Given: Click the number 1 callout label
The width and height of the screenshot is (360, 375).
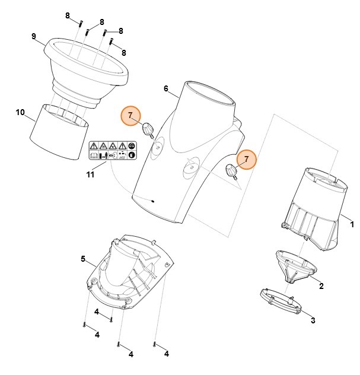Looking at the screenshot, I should (352, 225).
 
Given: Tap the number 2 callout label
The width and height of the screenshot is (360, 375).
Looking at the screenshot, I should (321, 286).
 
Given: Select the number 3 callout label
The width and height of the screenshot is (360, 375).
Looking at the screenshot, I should (313, 321).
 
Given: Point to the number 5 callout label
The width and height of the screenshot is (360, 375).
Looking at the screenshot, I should (84, 259).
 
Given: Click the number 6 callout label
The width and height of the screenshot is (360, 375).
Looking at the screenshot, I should (166, 88).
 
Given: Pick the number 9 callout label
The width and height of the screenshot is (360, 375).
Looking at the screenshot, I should (34, 36).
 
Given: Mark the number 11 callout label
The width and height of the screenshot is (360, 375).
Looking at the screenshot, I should (90, 174).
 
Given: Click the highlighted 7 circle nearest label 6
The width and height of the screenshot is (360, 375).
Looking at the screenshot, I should (130, 115).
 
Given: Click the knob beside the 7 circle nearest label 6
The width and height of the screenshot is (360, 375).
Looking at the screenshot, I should (148, 128).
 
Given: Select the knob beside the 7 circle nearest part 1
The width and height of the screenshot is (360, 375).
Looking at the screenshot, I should (230, 171).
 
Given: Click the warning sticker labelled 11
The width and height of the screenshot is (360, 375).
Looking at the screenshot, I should (112, 150).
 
